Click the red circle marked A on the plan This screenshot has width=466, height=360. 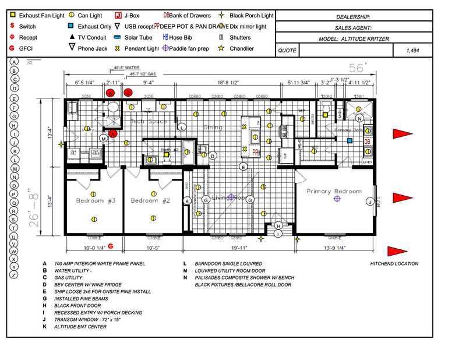[x=114, y=133]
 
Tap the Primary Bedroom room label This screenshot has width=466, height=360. [x=334, y=191]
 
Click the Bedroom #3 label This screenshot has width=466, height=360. [x=96, y=200]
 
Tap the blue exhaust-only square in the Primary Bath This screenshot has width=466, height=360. [x=349, y=140]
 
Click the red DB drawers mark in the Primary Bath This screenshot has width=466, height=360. [x=368, y=141]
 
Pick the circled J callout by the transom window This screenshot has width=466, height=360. [x=369, y=202]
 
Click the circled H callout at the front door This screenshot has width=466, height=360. [x=278, y=226]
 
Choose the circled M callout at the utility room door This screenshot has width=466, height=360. [x=103, y=138]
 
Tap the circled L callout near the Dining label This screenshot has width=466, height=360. [x=182, y=127]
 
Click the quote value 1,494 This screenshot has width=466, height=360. [x=412, y=51]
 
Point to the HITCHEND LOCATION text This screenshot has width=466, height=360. [x=394, y=264]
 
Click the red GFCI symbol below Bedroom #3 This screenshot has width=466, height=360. [x=111, y=246]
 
